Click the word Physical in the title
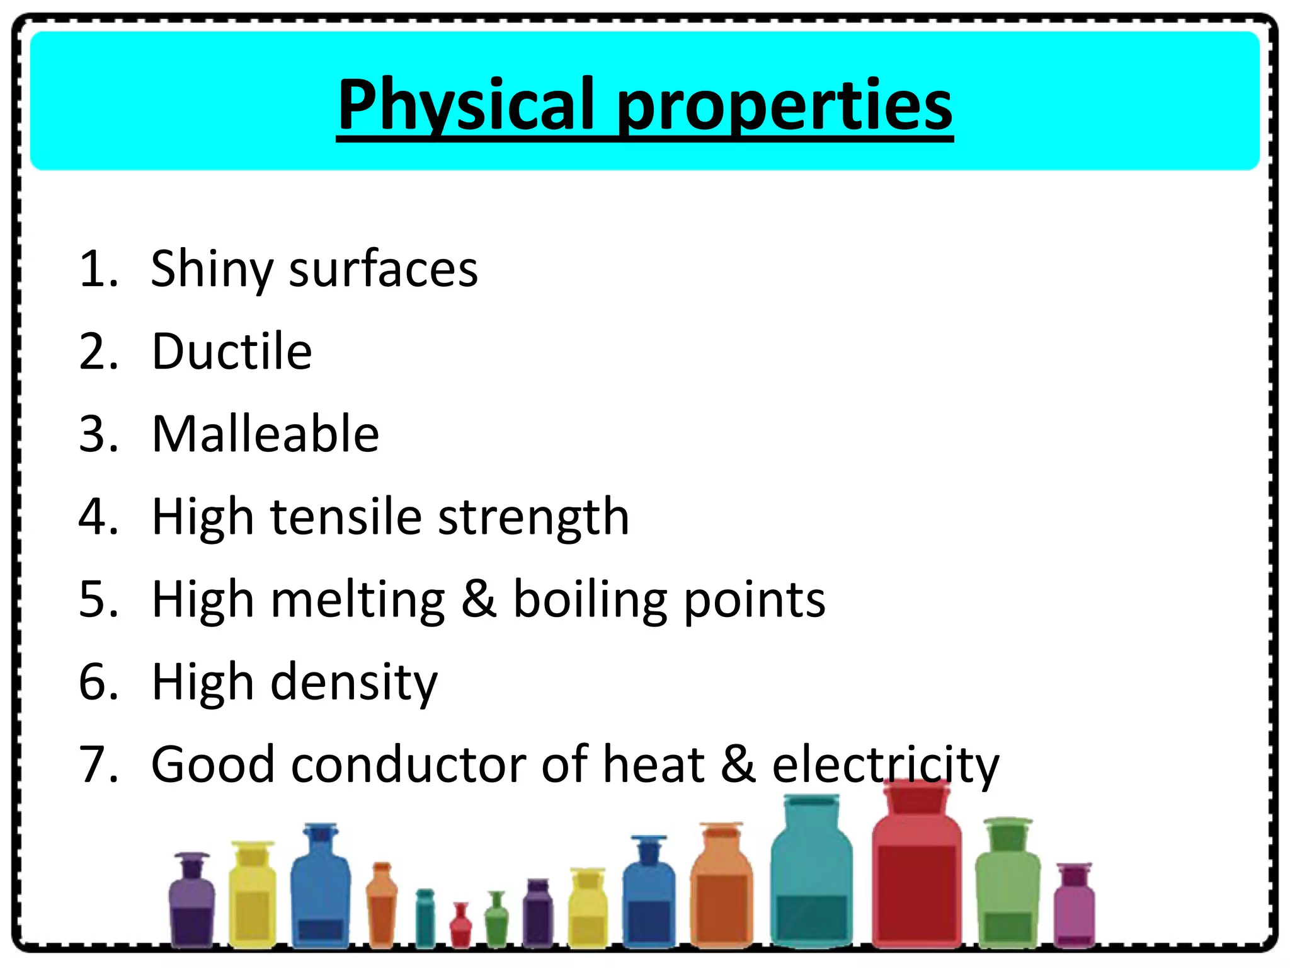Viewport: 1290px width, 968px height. click(x=466, y=104)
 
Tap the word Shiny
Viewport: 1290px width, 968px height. click(x=210, y=269)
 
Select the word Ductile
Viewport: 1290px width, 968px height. click(x=232, y=351)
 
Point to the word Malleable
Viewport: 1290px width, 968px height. click(x=265, y=434)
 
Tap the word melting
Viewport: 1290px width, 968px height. click(x=358, y=600)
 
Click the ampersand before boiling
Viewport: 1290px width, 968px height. click(x=479, y=599)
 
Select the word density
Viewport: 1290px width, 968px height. click(x=353, y=683)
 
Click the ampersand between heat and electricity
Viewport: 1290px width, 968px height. click(x=738, y=764)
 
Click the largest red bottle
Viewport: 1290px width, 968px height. click(x=916, y=882)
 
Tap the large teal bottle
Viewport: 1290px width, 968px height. click(x=811, y=882)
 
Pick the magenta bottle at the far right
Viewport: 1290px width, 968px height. click(x=1074, y=907)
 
